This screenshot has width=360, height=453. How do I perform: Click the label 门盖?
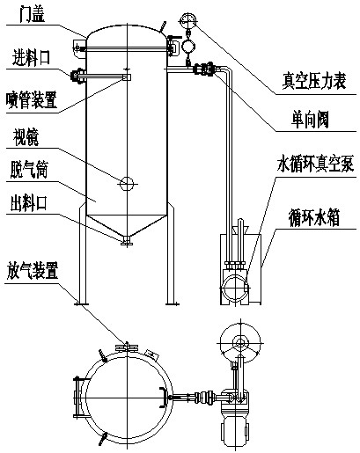pyautogui.click(x=33, y=15)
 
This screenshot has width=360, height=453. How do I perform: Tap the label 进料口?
pyautogui.click(x=31, y=57)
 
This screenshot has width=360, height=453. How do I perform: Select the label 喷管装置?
pyautogui.click(x=32, y=99)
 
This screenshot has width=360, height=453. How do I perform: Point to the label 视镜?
pyautogui.click(x=26, y=137)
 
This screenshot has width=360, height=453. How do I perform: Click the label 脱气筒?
pyautogui.click(x=29, y=170)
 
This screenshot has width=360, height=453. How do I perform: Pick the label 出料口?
pyautogui.click(x=29, y=203)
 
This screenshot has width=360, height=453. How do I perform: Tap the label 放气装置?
pyautogui.click(x=33, y=270)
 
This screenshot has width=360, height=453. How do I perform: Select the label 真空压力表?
pyautogui.click(x=314, y=81)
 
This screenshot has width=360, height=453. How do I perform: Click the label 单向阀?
pyautogui.click(x=310, y=120)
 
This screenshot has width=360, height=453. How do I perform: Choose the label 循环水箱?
pyautogui.click(x=314, y=218)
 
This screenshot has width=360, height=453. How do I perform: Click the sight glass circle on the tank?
pyautogui.click(x=127, y=184)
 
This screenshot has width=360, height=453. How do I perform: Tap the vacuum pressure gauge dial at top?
pyautogui.click(x=187, y=20)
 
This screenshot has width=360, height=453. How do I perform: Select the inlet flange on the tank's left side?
pyautogui.click(x=77, y=77)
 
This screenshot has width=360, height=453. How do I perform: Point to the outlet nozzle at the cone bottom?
pyautogui.click(x=127, y=241)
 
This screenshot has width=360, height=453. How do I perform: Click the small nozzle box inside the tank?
pyautogui.click(x=127, y=77)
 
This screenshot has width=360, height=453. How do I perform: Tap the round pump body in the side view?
pyautogui.click(x=235, y=288)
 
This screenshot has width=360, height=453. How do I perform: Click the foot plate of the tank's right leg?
pyautogui.click(x=173, y=304)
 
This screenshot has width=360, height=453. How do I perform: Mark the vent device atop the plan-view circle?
pyautogui.click(x=127, y=347)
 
